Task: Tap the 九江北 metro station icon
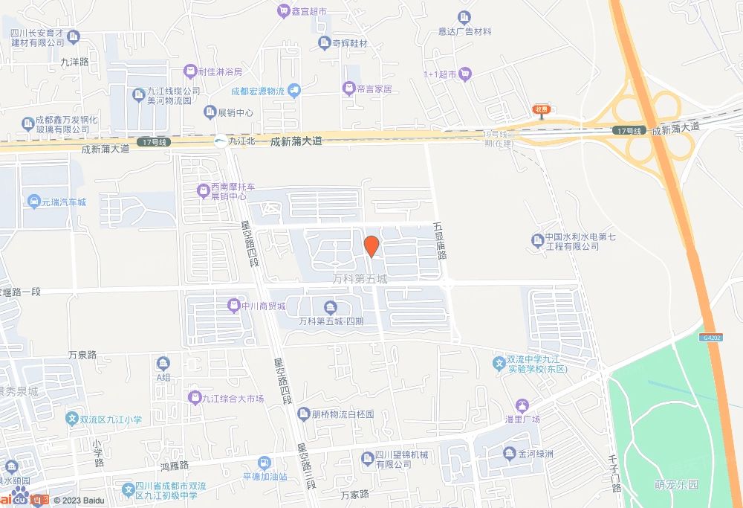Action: pyautogui.click(x=221, y=141)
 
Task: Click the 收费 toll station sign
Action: pyautogui.click(x=541, y=109)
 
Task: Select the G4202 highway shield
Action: pyautogui.click(x=710, y=337)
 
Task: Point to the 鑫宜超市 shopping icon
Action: pyautogui.click(x=283, y=10)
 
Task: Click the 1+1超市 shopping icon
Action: pyautogui.click(x=465, y=74)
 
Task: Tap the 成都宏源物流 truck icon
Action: pyautogui.click(x=294, y=91)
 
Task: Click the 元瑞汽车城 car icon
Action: pyautogui.click(x=34, y=202)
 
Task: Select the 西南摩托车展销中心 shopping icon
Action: pyautogui.click(x=203, y=191)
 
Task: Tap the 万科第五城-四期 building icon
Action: pyautogui.click(x=330, y=308)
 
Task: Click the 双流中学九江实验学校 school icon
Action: pyautogui.click(x=500, y=363)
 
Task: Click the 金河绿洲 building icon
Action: pyautogui.click(x=509, y=452)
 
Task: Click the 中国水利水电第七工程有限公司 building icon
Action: pyautogui.click(x=537, y=239)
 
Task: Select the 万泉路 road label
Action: pyautogui.click(x=82, y=355)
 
